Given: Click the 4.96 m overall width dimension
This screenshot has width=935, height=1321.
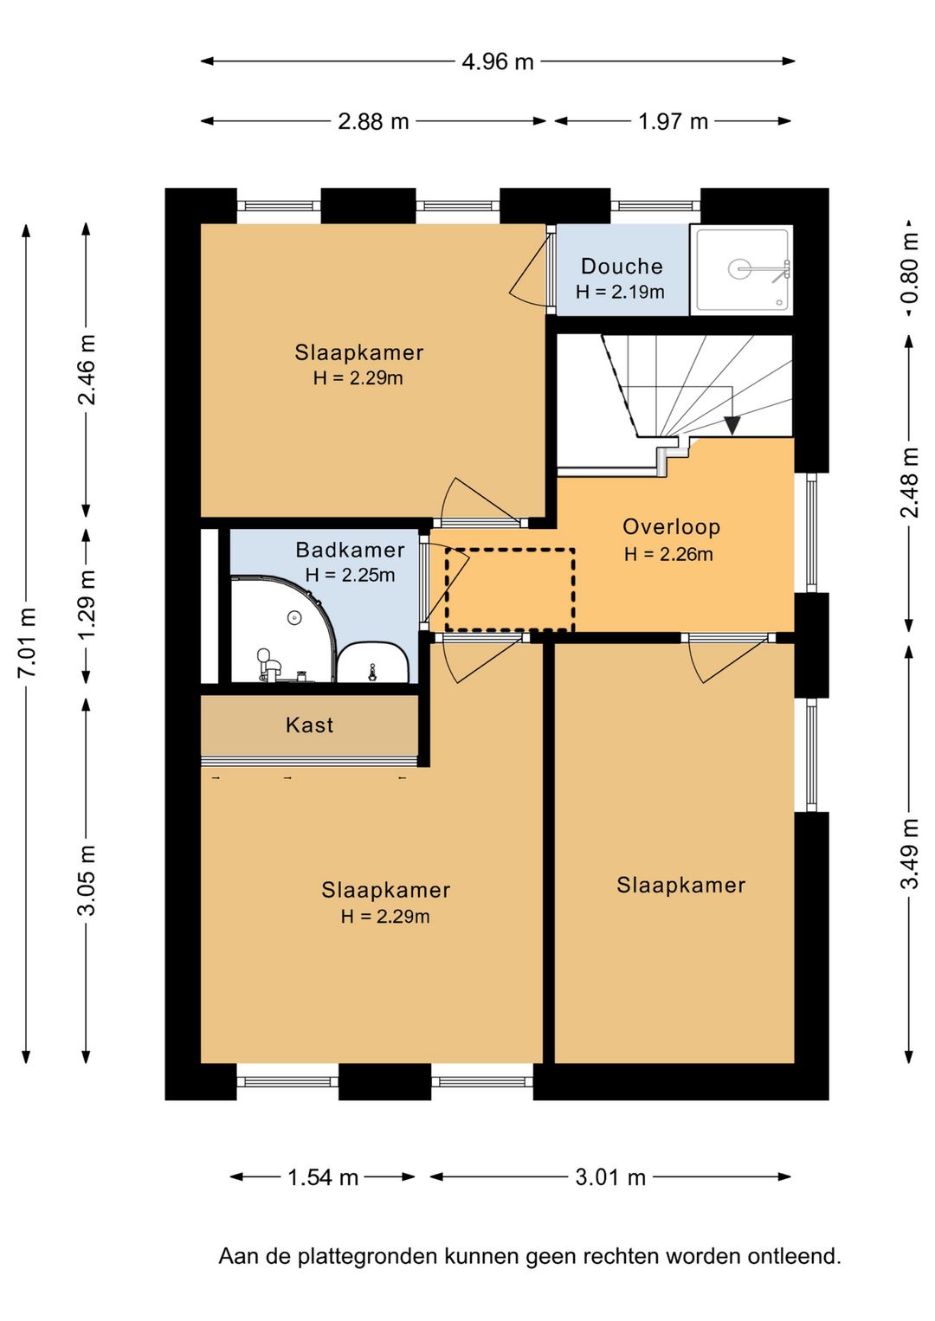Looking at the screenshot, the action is tap(497, 61).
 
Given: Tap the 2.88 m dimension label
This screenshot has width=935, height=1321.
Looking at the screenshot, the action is tap(373, 121).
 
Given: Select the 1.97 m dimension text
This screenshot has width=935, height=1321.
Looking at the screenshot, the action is tap(673, 121).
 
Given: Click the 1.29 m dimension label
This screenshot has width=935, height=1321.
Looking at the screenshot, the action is tap(87, 604).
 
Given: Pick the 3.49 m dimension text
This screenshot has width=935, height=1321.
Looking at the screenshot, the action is tap(910, 854).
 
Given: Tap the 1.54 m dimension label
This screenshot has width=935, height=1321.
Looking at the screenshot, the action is tap(323, 1177).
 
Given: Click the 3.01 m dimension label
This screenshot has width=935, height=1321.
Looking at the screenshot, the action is tap(610, 1177).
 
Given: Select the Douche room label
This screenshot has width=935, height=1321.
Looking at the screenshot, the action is tap(622, 267).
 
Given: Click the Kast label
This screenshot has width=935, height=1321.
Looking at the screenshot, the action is tap(310, 725).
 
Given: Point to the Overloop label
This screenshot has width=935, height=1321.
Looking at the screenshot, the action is tap(671, 526).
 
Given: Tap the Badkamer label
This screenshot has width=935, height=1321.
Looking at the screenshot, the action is tap(351, 550).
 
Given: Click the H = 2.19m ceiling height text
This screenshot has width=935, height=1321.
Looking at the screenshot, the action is tap(621, 292).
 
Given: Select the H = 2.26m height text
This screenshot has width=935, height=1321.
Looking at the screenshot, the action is tap(669, 554).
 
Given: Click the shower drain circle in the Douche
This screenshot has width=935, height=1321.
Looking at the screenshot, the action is tap(739, 269).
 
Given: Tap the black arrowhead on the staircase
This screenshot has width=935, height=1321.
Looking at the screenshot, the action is tap(732, 425).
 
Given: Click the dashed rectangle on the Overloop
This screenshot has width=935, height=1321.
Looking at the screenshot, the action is tap(510, 590).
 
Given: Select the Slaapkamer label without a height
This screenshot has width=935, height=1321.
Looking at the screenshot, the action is tap(680, 885).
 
